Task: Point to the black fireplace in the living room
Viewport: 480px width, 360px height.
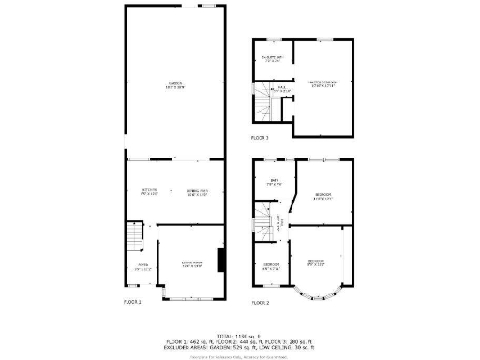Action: pos(221,259)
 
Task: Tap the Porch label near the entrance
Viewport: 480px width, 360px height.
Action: pos(142,267)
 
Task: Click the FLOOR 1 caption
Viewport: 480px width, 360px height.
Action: pos(133,302)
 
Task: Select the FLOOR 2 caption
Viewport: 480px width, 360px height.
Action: pos(260,303)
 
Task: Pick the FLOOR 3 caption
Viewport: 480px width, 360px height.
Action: pos(260,138)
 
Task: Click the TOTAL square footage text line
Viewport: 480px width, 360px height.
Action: pos(240,335)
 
